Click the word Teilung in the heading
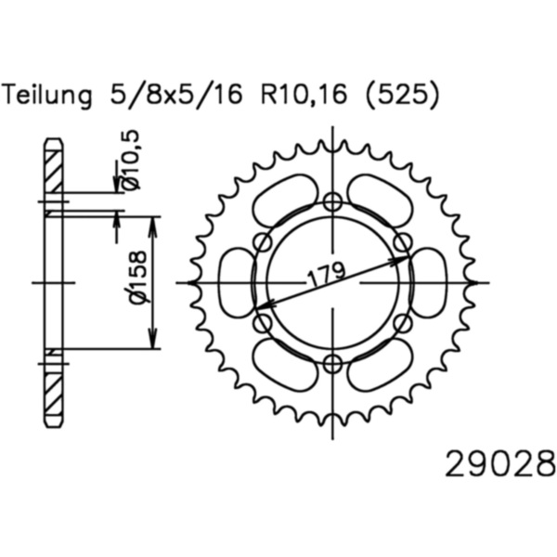pos(48,95)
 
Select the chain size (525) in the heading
pos(403,95)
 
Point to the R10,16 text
pos(304,95)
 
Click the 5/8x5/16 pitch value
pos(176,95)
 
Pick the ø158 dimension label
pos(136,278)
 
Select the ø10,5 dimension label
pos(131,159)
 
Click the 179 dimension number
pos(326,274)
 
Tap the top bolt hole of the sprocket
pos(333,202)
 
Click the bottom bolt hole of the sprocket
pos(333,363)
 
